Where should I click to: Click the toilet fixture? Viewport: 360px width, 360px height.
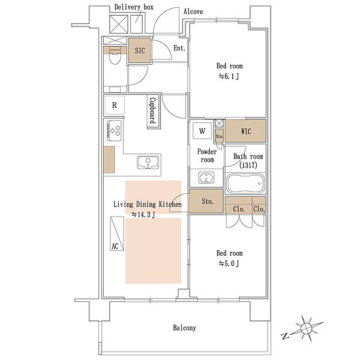115,56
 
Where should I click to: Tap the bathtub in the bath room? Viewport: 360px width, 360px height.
245,184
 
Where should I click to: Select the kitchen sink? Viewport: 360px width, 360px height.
148,163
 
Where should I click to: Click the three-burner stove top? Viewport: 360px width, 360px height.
114,131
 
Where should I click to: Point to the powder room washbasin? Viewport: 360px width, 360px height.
206,178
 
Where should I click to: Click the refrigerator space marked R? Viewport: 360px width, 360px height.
115,105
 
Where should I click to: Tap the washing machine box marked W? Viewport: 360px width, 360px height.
202,131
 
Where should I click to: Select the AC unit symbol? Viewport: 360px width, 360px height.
117,233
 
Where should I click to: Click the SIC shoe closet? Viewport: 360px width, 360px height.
140,50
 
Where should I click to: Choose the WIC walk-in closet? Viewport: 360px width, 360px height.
245,130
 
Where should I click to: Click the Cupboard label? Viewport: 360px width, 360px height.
153,110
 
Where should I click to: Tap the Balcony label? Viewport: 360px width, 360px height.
184,328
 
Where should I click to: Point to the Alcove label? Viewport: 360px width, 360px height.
193,11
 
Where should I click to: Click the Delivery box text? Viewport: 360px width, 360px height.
134,7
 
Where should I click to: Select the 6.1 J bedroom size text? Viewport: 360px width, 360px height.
229,76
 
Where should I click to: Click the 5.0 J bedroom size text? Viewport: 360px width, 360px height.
229,263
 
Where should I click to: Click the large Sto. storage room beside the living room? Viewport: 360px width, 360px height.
206,201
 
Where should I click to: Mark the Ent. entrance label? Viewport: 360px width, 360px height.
179,48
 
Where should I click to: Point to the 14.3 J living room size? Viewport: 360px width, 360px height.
143,215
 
